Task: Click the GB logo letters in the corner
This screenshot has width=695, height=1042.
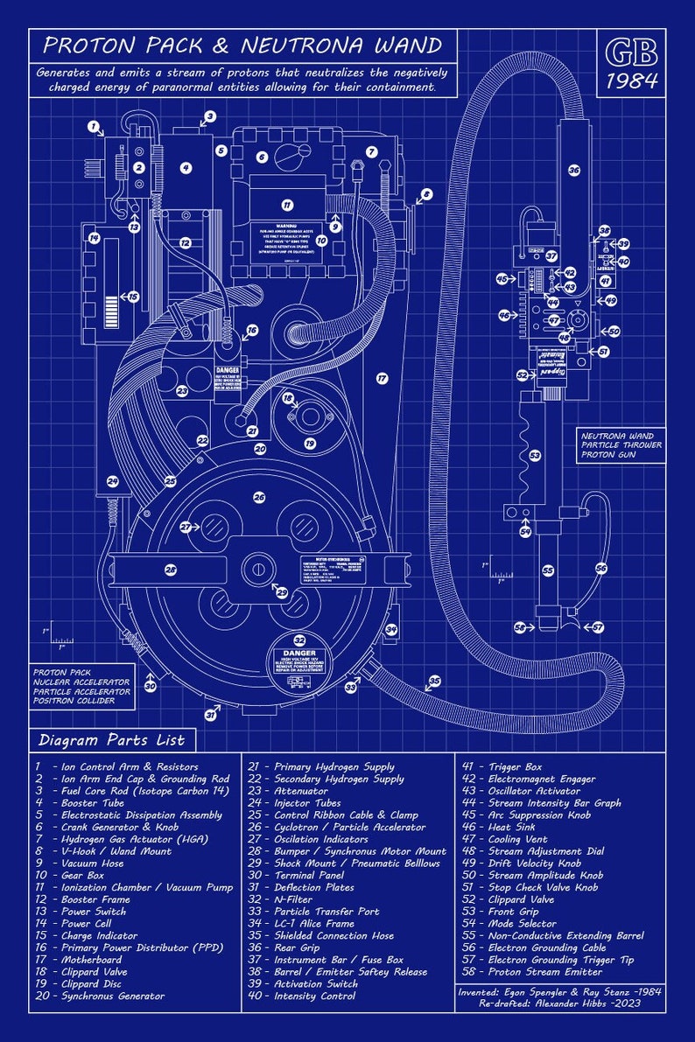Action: pos(630,53)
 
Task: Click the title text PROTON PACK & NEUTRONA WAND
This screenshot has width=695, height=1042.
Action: pos(242,45)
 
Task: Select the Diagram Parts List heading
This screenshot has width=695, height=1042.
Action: pos(111,740)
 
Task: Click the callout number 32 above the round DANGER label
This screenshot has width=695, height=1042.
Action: pos(299,640)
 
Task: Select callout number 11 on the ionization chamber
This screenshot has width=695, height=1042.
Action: pos(286,205)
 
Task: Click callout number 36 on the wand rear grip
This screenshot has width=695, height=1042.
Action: pos(574,171)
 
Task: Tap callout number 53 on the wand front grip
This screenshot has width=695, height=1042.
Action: pos(535,455)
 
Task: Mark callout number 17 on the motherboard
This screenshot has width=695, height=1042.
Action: pos(382,378)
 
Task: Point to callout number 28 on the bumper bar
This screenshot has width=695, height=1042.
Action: pos(171,570)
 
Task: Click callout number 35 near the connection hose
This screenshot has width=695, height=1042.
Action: pos(434,681)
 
